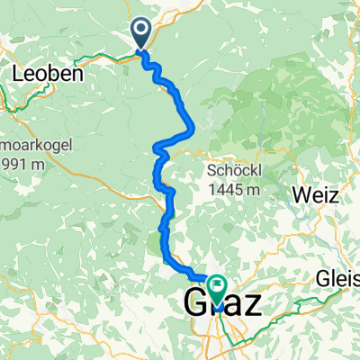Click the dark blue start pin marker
(142, 34)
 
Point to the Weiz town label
(312, 193)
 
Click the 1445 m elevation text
(234, 190)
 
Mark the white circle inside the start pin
(142, 30)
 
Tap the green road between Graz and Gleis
(288, 307)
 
